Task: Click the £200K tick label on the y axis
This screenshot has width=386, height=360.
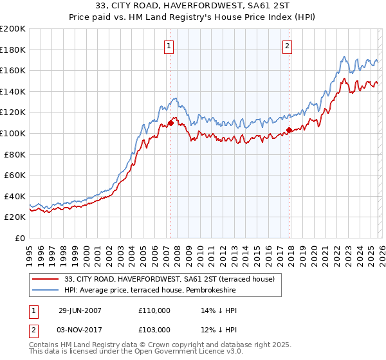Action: coord(13,29)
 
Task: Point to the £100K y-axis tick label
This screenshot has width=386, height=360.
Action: coord(13,133)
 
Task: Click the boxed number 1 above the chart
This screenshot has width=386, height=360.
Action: coord(169,46)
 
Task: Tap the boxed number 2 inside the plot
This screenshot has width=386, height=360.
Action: coord(286,46)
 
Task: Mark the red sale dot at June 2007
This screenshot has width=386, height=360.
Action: coord(170,123)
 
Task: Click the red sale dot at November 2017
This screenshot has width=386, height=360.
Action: coord(289,130)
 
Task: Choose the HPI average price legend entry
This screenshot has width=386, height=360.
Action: coord(150,291)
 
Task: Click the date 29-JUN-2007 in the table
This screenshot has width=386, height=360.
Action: coord(80,310)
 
